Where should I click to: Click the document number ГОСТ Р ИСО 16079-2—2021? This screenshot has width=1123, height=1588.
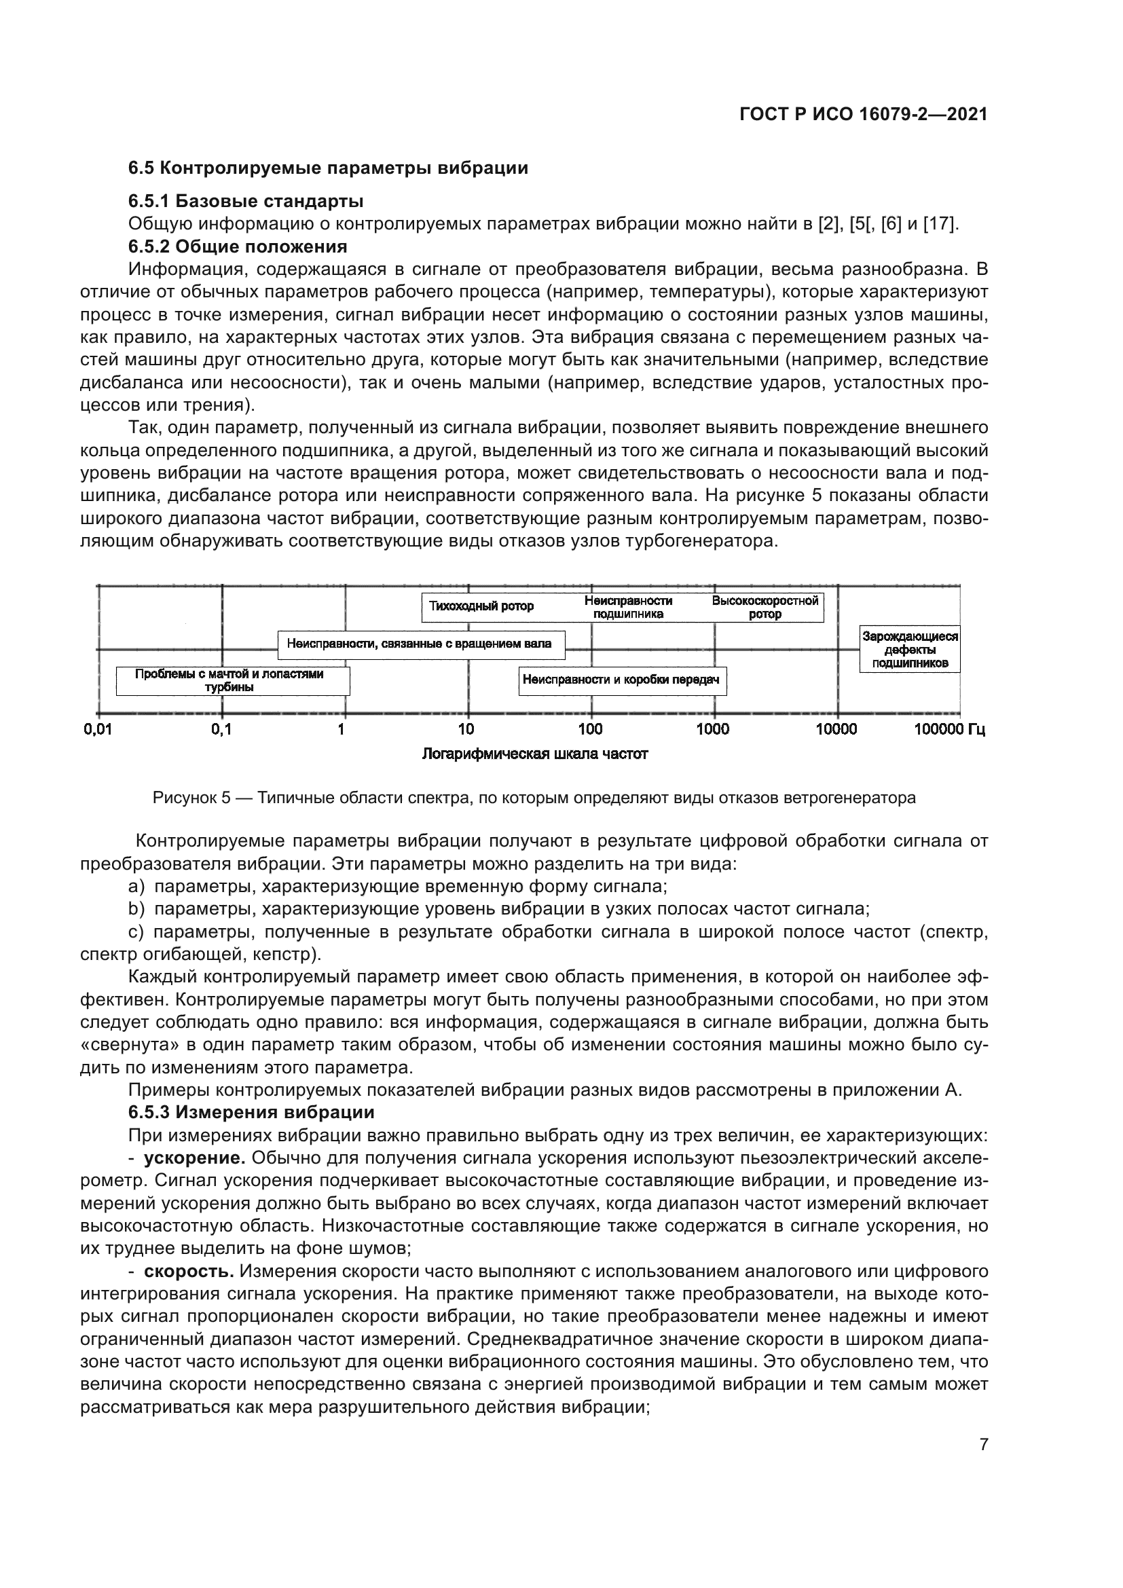[x=863, y=114]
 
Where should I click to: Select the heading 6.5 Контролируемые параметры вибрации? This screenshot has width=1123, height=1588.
[x=328, y=168]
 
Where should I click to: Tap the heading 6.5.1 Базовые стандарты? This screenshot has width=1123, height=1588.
[x=246, y=201]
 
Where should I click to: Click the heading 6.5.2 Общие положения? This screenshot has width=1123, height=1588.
[x=237, y=246]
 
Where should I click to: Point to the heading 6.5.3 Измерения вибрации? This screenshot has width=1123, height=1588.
[x=251, y=1112]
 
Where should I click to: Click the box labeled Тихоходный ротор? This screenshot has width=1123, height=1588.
[x=481, y=606]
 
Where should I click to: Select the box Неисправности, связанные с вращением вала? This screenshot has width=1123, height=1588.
[x=420, y=644]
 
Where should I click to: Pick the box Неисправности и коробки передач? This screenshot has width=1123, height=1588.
[x=621, y=680]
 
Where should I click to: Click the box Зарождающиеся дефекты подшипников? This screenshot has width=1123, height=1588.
[x=909, y=650]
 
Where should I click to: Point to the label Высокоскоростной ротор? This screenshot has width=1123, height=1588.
[x=765, y=607]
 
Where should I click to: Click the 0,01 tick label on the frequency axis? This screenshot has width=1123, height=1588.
[x=98, y=729]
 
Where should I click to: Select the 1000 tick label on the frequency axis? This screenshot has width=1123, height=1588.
[x=712, y=729]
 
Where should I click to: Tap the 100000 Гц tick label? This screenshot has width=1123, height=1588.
[x=949, y=729]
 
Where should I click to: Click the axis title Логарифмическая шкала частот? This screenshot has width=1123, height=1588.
[x=534, y=754]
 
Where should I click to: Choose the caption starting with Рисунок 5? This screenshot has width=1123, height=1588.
[x=534, y=798]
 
